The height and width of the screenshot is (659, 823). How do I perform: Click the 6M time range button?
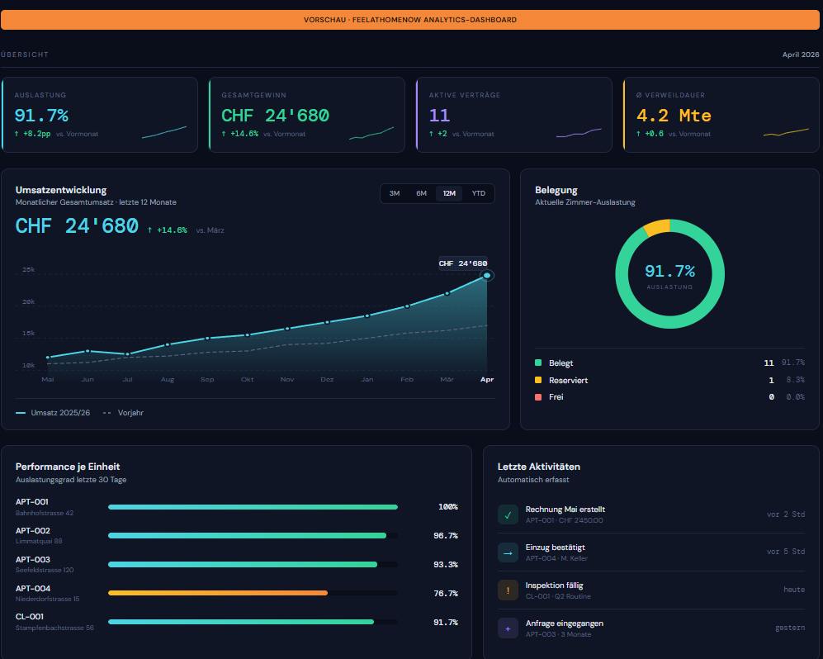(421, 193)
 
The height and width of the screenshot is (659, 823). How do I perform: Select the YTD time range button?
(478, 193)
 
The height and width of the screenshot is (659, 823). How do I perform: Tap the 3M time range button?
(395, 193)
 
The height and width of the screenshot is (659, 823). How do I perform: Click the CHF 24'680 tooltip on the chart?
(462, 263)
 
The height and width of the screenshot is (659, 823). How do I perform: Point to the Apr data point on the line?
(487, 276)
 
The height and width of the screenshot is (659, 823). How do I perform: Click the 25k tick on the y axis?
(28, 269)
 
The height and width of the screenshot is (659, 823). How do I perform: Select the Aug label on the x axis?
(168, 380)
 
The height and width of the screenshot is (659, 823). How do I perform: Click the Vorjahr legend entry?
(130, 413)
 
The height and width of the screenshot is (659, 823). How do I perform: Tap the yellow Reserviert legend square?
(538, 380)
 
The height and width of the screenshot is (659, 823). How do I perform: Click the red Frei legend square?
(538, 397)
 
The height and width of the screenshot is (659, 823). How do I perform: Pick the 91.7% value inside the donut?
(669, 272)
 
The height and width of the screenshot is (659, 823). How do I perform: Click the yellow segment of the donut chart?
(655, 226)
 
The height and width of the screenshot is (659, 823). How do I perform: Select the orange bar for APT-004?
(218, 593)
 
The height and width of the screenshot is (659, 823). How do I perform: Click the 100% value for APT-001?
(447, 507)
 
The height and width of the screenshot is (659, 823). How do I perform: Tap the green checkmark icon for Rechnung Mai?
(508, 514)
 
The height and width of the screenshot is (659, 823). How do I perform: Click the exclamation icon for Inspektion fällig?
(508, 590)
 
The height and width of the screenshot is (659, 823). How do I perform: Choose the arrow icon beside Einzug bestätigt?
(508, 552)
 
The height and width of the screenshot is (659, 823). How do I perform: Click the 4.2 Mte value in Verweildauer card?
(673, 116)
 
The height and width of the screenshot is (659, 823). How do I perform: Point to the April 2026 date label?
(800, 55)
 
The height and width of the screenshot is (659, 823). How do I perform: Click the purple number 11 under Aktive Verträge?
(439, 116)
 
